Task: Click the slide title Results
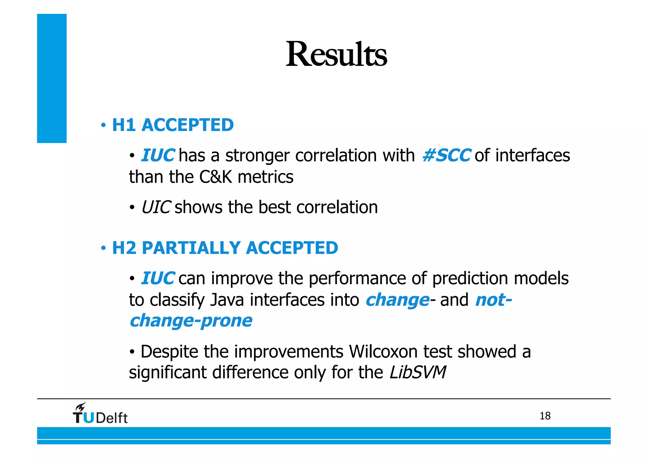(336, 54)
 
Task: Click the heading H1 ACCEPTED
(173, 125)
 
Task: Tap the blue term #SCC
(446, 155)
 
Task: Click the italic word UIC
(156, 207)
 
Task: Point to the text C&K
(216, 177)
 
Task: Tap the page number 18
(545, 416)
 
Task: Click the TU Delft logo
(101, 415)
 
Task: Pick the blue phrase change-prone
(191, 321)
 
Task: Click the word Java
(227, 300)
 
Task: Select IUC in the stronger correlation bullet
(157, 155)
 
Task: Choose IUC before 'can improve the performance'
(157, 278)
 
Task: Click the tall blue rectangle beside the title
(52, 78)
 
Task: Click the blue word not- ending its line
(493, 300)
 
